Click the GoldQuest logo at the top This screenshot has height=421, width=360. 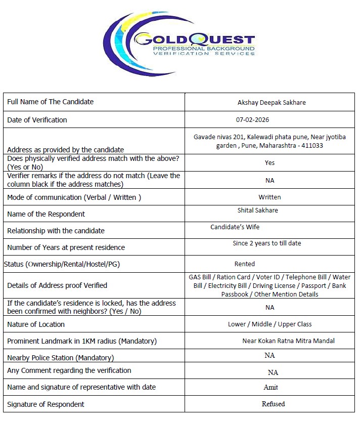(x=179, y=44)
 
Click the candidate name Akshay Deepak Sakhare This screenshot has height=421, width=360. (x=272, y=102)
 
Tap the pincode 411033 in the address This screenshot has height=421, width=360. (x=312, y=146)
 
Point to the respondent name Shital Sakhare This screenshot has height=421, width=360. (x=257, y=210)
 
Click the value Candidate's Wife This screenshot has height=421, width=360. (x=235, y=227)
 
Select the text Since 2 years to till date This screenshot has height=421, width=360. (x=266, y=243)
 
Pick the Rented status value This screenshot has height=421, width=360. (x=244, y=264)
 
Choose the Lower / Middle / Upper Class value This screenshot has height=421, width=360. (x=269, y=324)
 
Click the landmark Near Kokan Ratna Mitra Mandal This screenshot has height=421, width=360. (x=288, y=341)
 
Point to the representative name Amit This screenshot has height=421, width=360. (x=271, y=387)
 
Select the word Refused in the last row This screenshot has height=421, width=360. (x=273, y=404)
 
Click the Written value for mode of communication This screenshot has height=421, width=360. (x=269, y=197)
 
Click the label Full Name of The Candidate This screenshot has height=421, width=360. (x=50, y=102)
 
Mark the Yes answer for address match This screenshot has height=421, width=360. (x=269, y=163)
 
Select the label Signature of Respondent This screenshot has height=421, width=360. (x=46, y=404)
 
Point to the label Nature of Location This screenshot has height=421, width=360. (x=36, y=324)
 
